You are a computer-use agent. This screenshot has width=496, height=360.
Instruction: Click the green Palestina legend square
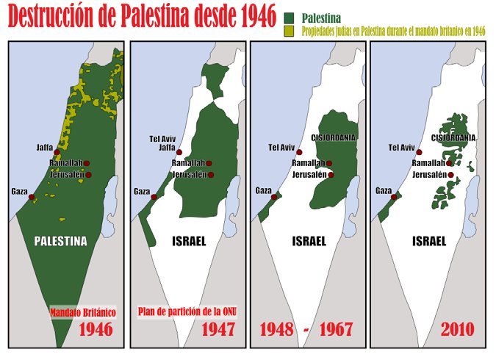289,16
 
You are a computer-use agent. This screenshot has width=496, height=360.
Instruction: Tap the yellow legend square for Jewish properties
289,30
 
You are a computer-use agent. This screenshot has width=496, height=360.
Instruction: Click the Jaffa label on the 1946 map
44,148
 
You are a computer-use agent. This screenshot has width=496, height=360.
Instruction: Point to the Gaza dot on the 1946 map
32,197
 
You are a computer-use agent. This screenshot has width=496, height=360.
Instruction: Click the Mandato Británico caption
82,312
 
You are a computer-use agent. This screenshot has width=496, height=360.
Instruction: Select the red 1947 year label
218,328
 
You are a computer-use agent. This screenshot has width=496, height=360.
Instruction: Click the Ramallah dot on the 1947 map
209,164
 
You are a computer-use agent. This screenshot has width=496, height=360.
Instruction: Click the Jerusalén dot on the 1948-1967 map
331,175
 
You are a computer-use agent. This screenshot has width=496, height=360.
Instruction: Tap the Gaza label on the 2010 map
383,190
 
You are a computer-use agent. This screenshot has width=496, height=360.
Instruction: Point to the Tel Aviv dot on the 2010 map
419,152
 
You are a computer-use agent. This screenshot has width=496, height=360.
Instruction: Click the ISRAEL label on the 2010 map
430,240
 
